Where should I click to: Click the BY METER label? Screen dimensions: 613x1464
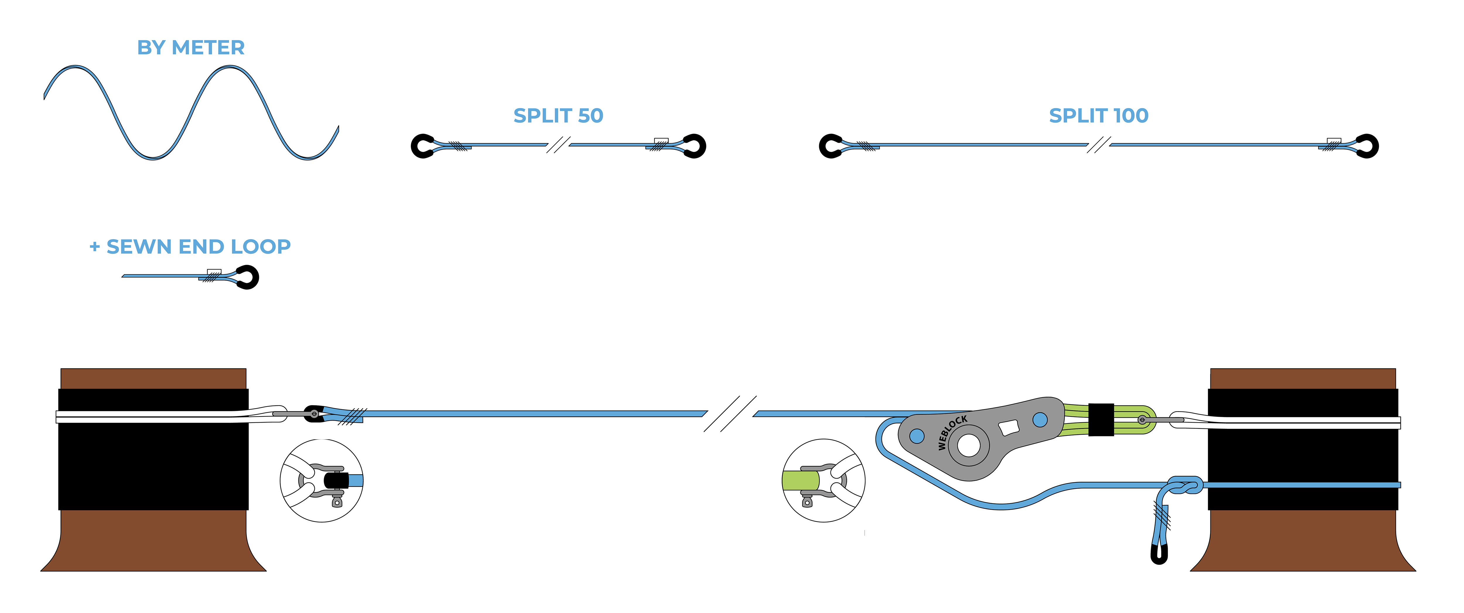[191, 48]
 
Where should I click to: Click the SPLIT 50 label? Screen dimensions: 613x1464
[558, 116]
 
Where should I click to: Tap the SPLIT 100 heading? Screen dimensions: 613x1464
[1099, 116]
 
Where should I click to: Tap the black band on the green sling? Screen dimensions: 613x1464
[1101, 420]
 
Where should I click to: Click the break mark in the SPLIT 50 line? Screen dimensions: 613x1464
[558, 145]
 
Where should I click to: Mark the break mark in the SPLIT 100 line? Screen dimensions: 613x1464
[1099, 145]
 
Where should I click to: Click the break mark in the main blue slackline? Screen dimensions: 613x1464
[730, 414]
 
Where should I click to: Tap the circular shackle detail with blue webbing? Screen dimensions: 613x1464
[322, 481]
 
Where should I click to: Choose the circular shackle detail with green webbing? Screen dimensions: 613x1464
[824, 481]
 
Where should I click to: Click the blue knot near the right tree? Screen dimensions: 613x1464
[1185, 486]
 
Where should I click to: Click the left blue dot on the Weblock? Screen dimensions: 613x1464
[917, 436]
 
